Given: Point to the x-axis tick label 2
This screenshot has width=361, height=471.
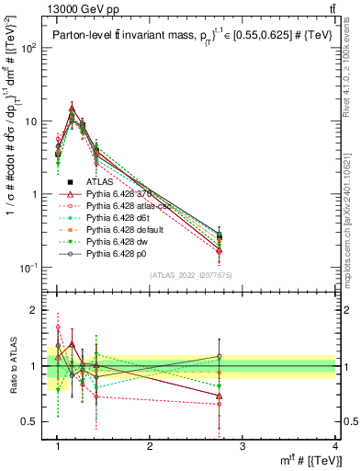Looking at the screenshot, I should [151, 447].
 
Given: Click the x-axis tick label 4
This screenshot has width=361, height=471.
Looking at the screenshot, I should [335, 447].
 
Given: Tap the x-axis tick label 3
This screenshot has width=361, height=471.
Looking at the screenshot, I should [243, 447].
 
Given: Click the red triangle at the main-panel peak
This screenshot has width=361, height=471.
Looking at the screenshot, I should [72, 109].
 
